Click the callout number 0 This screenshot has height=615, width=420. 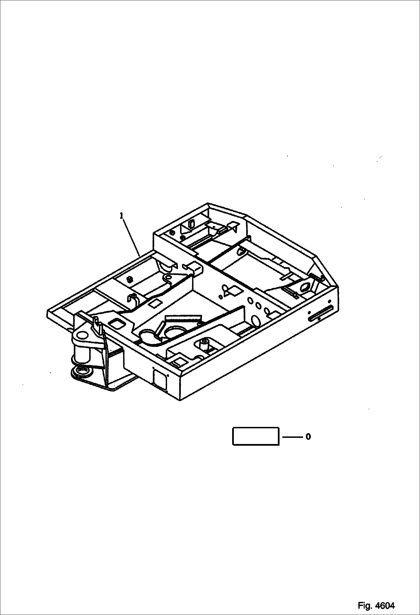(308, 437)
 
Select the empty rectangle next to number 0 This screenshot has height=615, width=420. (256, 436)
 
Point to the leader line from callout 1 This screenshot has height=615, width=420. (131, 237)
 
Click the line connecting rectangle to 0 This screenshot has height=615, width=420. (292, 437)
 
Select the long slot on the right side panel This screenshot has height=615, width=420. (320, 314)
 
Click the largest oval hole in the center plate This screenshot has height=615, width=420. (256, 320)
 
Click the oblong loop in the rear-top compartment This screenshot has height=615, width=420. (191, 224)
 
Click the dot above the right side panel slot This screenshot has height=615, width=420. (309, 312)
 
